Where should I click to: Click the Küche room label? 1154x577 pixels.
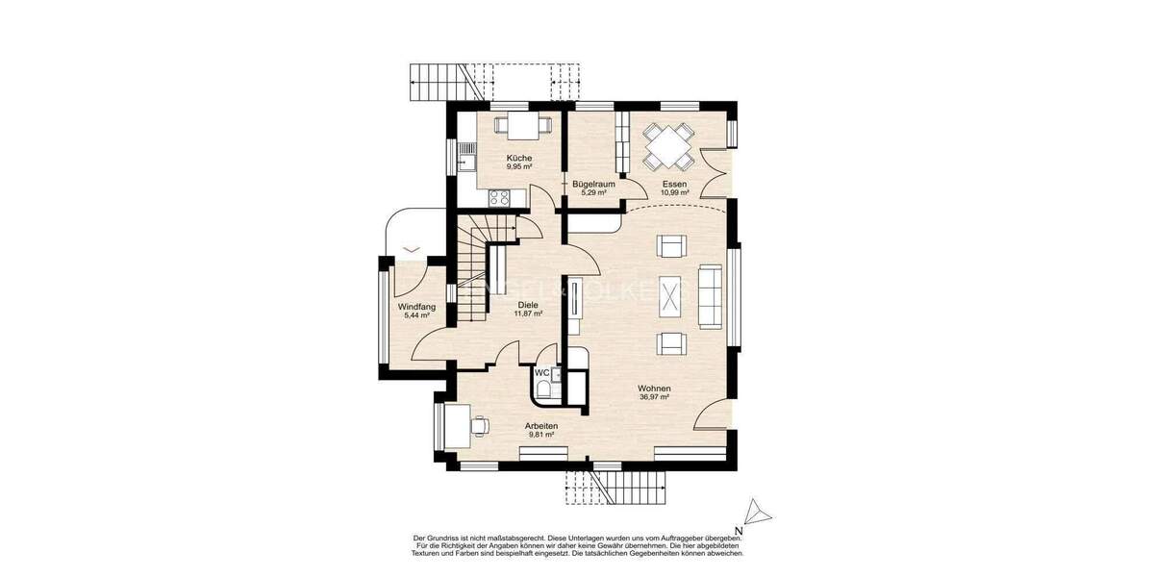tap(519, 158)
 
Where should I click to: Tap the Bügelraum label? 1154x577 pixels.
tap(593, 183)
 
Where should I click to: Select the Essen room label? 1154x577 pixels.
tap(674, 183)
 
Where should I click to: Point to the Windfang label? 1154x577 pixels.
tap(417, 307)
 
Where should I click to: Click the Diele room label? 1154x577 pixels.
tap(528, 304)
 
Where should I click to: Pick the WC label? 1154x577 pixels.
tap(541, 372)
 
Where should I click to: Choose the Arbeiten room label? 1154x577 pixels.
tap(541, 425)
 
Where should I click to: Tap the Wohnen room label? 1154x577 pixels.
tap(654, 388)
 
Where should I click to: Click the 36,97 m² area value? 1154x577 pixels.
tap(654, 396)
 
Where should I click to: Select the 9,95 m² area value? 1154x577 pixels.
tap(519, 166)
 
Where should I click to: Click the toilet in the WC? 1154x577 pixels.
tap(545, 389)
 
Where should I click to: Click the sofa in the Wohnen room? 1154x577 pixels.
tap(710, 295)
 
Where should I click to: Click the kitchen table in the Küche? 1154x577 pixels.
tap(519, 125)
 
